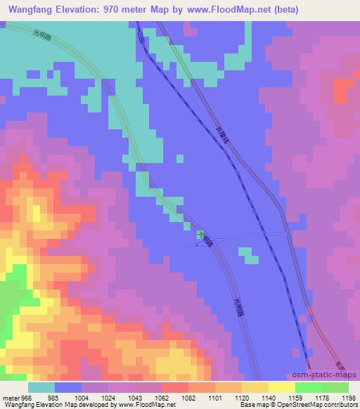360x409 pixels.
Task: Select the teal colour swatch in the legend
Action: pos(41,387)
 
